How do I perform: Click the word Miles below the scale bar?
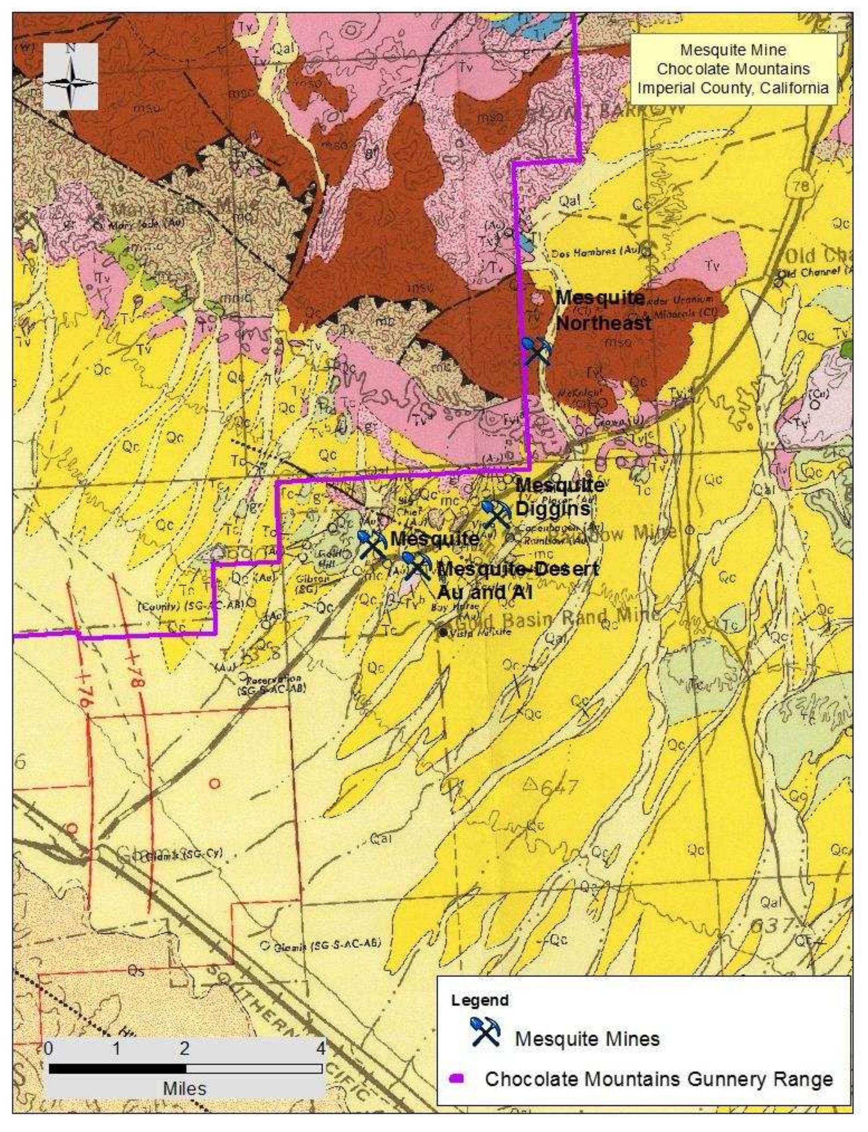185,1089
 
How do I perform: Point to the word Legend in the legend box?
480,1000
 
